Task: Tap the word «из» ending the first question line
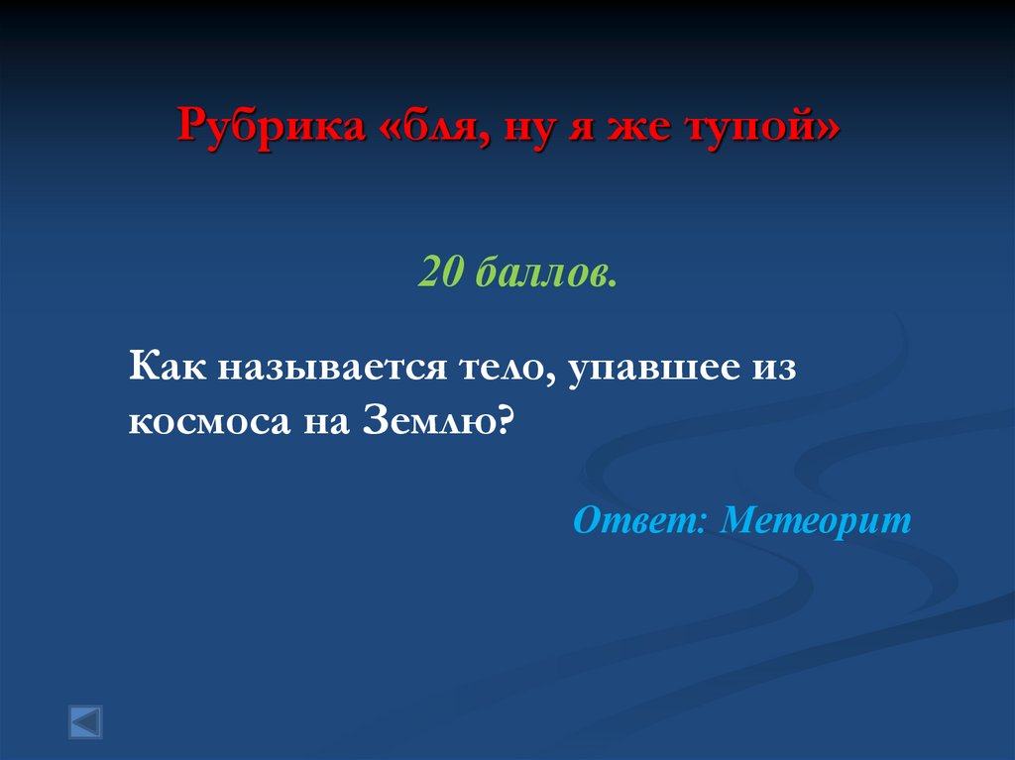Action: pyautogui.click(x=776, y=368)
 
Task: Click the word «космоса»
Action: pyautogui.click(x=202, y=423)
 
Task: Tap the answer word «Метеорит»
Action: pyautogui.click(x=815, y=519)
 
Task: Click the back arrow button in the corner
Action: pyautogui.click(x=85, y=721)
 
